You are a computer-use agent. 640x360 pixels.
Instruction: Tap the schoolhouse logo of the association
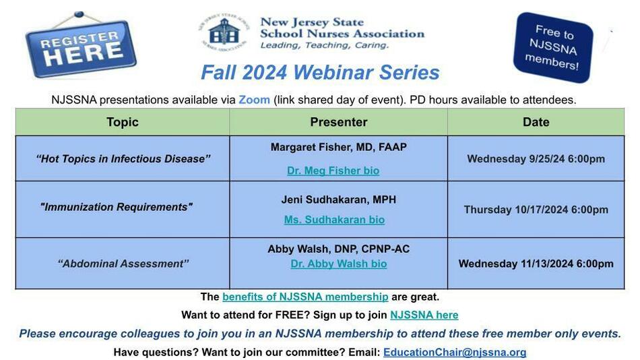coord(224,32)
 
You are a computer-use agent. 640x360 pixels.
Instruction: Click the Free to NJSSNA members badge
coord(553,47)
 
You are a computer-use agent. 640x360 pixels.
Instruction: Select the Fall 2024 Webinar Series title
coord(320,73)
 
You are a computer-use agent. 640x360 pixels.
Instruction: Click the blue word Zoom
coord(254,100)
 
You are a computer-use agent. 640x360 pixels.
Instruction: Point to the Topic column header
coord(123,122)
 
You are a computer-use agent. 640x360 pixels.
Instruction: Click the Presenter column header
coord(338,122)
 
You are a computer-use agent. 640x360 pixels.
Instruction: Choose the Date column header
coord(536,122)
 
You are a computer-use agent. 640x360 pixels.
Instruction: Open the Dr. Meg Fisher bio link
coord(333,171)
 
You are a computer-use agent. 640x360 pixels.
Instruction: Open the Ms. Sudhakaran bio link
coord(334,219)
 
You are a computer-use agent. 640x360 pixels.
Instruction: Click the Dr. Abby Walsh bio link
coord(339,264)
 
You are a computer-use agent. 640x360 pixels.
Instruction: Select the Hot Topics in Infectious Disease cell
coord(123,158)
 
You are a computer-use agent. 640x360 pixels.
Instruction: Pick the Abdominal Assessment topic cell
coord(123,264)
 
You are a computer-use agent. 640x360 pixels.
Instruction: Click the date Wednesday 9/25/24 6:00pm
coord(536,158)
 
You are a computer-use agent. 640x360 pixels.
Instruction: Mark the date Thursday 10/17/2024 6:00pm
coord(536,210)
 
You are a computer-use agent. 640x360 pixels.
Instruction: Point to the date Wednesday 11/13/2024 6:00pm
coord(536,264)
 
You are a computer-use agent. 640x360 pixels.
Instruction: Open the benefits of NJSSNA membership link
coord(305,297)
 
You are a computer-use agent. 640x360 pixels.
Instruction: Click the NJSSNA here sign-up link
coord(424,315)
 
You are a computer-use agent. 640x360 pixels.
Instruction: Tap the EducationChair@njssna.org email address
coord(455,352)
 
